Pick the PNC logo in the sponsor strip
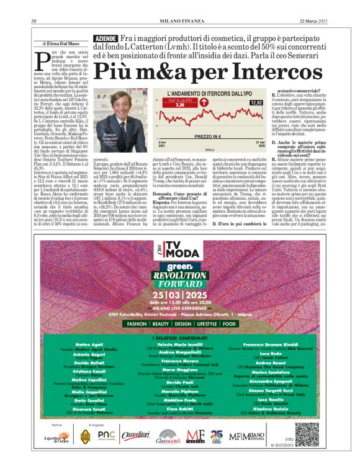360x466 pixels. point(106,435)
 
